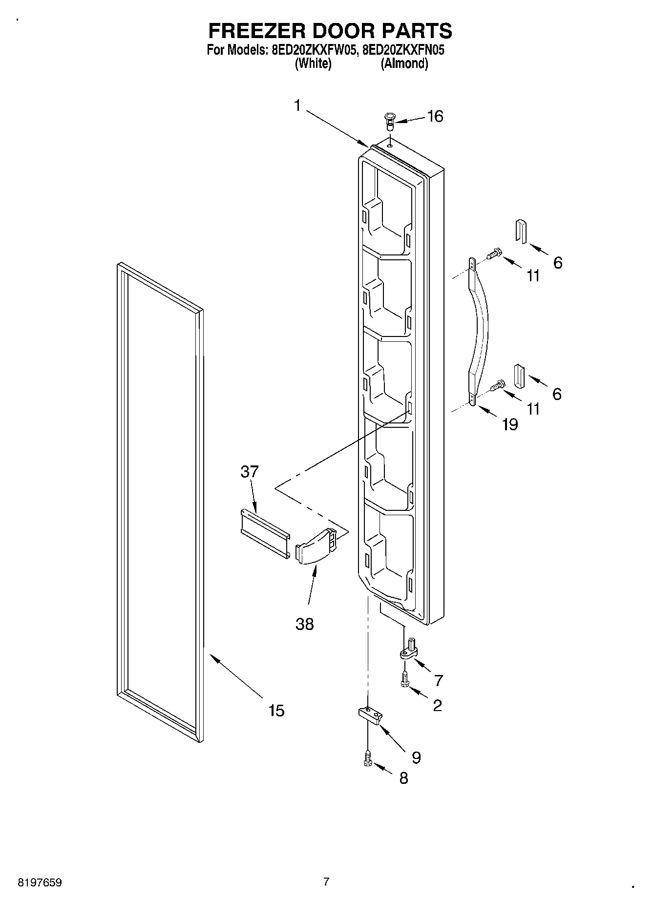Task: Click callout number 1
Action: [297, 105]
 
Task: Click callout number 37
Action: [249, 472]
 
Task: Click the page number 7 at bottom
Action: [326, 882]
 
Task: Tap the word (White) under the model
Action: [313, 64]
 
